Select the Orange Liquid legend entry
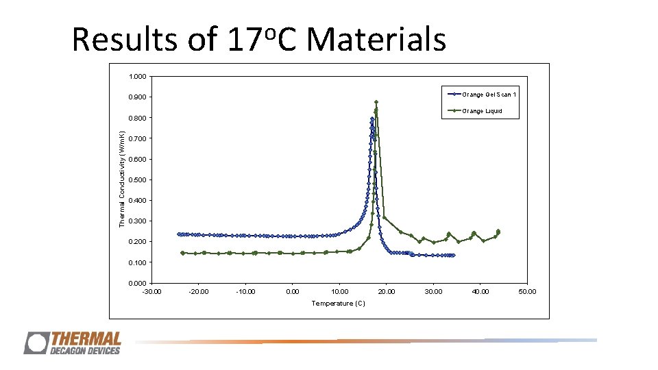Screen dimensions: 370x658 482,111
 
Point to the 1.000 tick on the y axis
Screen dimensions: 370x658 136,77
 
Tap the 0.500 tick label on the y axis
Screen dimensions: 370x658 136,180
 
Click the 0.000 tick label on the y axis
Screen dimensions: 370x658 136,283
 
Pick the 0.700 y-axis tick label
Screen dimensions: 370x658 136,139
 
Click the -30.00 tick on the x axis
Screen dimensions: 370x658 151,292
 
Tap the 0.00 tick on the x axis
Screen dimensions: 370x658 292,292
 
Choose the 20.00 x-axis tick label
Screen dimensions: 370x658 386,292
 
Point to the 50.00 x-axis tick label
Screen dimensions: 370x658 526,292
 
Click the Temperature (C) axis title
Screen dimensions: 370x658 339,304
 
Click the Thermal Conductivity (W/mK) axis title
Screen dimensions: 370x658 122,180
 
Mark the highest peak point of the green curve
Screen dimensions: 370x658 376,103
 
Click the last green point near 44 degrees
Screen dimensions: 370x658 498,232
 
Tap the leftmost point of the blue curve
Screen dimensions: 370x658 179,234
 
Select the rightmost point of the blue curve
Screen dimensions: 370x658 453,255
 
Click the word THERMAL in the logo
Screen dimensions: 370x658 86,340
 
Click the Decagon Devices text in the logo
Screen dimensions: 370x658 84,351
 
